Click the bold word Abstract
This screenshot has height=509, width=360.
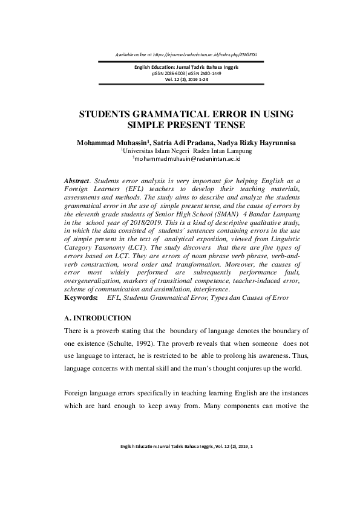coord(77,181)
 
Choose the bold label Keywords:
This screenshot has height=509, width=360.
coord(80,298)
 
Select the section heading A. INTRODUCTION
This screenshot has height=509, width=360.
coord(97,317)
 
